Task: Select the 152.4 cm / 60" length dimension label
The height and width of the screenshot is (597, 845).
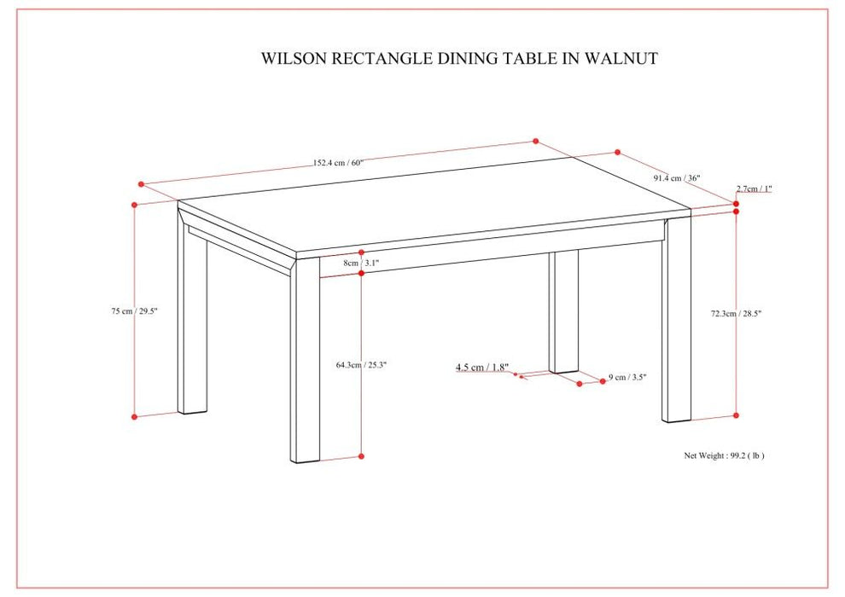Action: coord(338,163)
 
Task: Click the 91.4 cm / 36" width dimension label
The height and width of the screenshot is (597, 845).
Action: coord(677,178)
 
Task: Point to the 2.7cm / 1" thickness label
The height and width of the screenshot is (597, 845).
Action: coord(755,188)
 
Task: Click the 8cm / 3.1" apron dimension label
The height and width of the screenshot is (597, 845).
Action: coord(361,264)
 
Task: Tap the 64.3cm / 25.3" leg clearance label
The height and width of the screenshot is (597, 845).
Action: coord(361,364)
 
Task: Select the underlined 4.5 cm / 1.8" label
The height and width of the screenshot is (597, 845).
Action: coord(482,368)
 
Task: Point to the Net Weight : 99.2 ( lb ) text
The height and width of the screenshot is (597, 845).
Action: coord(724,455)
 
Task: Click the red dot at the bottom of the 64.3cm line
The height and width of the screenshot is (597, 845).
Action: coord(362,457)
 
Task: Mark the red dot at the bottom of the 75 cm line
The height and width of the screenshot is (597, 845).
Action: coord(135,416)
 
